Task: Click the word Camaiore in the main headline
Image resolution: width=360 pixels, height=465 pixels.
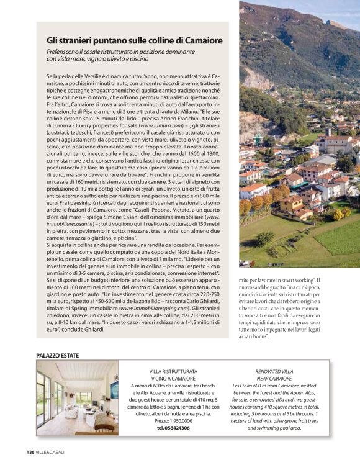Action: point(201,41)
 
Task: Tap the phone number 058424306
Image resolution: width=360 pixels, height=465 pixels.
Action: point(173,428)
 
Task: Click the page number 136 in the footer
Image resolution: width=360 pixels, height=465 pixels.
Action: point(30,451)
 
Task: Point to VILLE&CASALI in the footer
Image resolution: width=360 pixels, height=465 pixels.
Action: point(50,451)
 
